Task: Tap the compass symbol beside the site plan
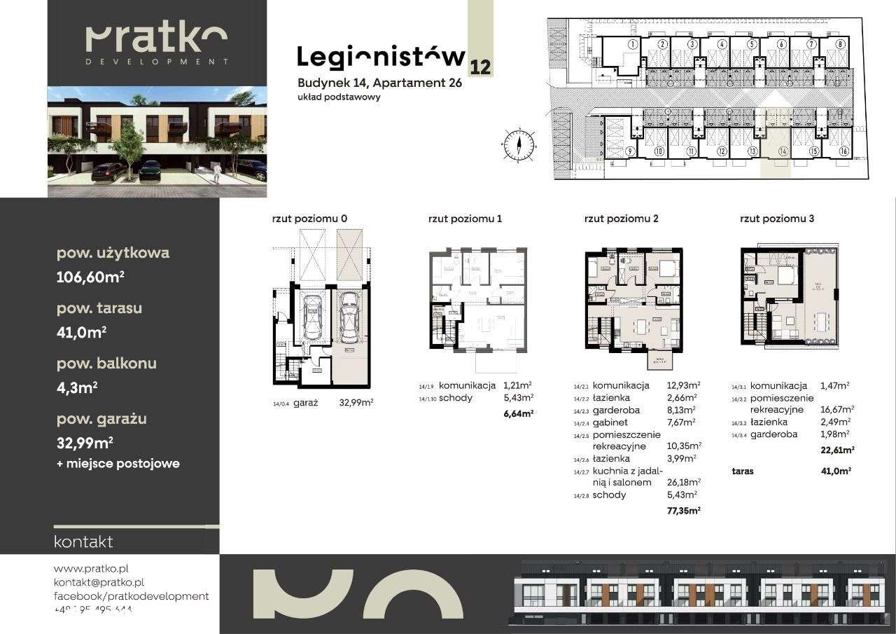519,146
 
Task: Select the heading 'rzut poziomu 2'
621,219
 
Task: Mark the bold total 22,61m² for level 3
837,450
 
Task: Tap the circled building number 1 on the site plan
631,44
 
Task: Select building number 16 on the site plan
844,151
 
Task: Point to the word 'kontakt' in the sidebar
83,542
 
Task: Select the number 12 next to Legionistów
481,67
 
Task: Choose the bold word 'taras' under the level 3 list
742,471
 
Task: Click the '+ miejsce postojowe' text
118,464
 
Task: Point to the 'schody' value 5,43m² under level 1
518,398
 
